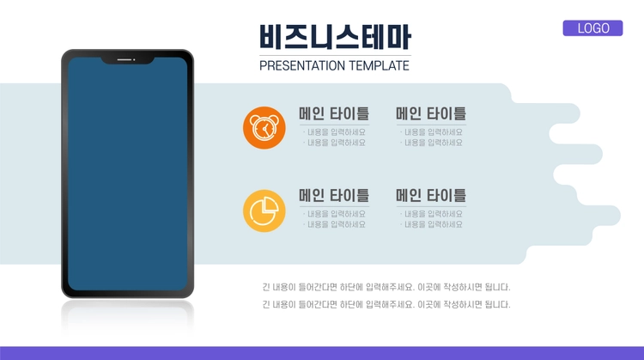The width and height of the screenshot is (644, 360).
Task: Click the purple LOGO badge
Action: pyautogui.click(x=592, y=28)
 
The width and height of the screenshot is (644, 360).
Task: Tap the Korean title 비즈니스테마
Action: pyautogui.click(x=335, y=37)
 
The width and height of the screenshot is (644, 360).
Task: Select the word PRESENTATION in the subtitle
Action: pyautogui.click(x=302, y=66)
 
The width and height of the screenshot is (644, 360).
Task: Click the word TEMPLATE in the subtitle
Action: pyautogui.click(x=379, y=66)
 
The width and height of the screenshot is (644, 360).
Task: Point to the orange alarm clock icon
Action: pyautogui.click(x=264, y=128)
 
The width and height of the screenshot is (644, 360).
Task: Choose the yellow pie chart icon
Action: pyautogui.click(x=264, y=211)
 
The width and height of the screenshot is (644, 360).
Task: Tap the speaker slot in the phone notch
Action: pyautogui.click(x=124, y=60)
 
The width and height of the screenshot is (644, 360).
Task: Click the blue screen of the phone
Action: pyautogui.click(x=127, y=174)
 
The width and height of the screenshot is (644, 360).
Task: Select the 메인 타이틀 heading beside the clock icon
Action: pyautogui.click(x=334, y=113)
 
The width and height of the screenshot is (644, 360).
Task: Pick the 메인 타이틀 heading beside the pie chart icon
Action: pyautogui.click(x=334, y=196)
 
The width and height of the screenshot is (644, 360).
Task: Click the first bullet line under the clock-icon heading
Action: pyautogui.click(x=334, y=132)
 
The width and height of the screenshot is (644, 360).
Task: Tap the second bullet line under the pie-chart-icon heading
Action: pyautogui.click(x=334, y=224)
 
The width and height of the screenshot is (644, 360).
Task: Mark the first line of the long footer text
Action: pyautogui.click(x=386, y=287)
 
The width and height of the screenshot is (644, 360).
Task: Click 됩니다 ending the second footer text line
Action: pyautogui.click(x=497, y=304)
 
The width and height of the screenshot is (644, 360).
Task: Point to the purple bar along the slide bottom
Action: pyautogui.click(x=322, y=353)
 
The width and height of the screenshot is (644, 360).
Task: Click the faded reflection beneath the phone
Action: pyautogui.click(x=127, y=316)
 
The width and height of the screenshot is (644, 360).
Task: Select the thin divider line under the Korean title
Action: pyautogui.click(x=335, y=55)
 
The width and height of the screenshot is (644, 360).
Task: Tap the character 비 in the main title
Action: pyautogui.click(x=271, y=37)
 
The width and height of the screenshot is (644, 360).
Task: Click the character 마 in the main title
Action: pyautogui.click(x=398, y=37)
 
